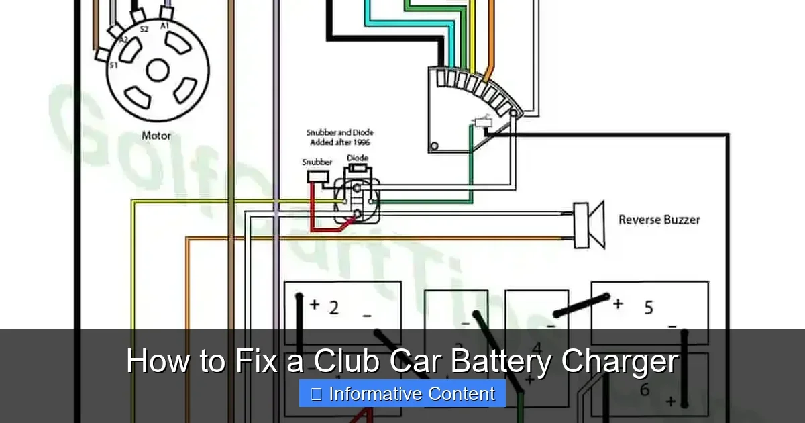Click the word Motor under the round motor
(156, 136)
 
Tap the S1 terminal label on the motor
(113, 65)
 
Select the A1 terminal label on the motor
(164, 26)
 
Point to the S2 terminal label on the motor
(144, 29)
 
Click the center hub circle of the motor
(158, 70)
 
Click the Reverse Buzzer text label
(659, 220)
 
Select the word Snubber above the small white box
(317, 162)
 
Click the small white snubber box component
(316, 177)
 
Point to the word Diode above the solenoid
(357, 158)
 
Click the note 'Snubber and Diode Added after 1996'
(339, 138)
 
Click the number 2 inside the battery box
(333, 308)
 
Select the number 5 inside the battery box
(648, 308)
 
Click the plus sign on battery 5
(618, 304)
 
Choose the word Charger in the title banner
(620, 362)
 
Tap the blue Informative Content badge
(402, 393)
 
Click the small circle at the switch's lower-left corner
(435, 146)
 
